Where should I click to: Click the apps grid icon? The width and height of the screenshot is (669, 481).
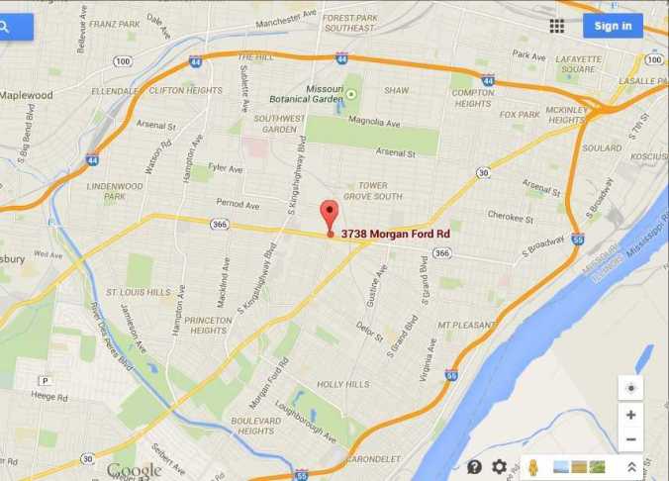557,26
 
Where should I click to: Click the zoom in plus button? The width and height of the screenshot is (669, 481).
630,415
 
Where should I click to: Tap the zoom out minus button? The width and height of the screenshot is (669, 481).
630,439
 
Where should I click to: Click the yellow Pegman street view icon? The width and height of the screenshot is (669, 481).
532,466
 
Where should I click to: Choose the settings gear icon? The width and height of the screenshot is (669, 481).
500,466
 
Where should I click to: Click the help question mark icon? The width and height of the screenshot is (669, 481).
474,466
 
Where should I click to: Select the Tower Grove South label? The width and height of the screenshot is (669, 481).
379,190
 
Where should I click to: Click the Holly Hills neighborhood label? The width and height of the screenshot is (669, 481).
342,384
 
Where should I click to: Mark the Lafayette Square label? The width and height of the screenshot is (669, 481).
579,63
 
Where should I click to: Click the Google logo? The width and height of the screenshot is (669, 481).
134,470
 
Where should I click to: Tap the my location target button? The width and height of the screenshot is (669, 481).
630,387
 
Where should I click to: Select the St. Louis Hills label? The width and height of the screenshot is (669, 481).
138,293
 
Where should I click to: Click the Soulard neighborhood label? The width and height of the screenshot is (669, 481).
601,148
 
